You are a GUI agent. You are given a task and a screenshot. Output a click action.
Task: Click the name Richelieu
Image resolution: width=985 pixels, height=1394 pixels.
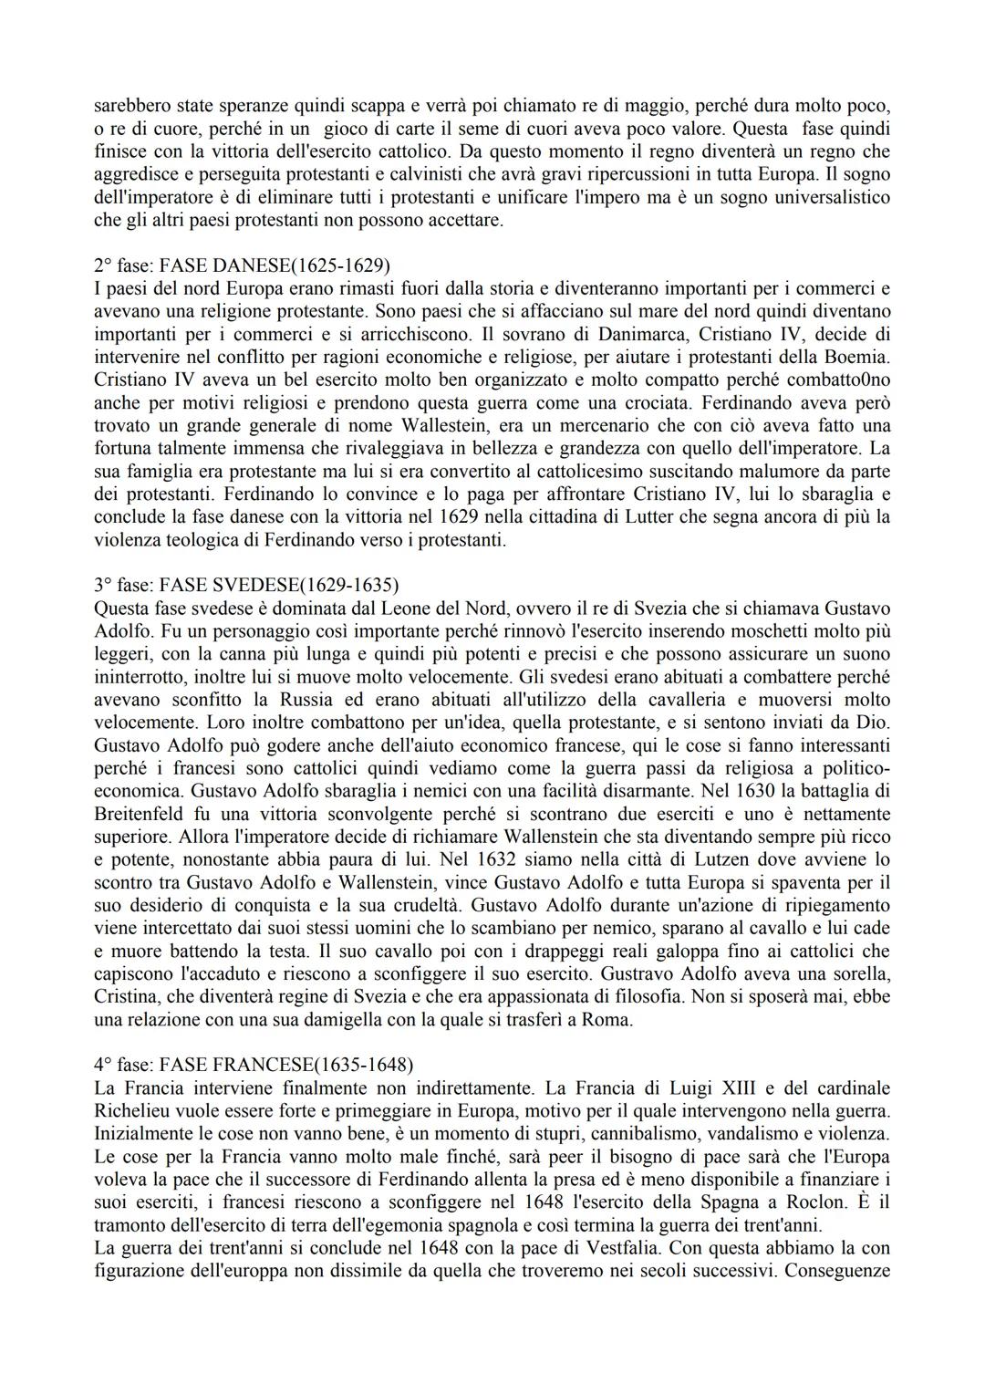tap(140, 1110)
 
